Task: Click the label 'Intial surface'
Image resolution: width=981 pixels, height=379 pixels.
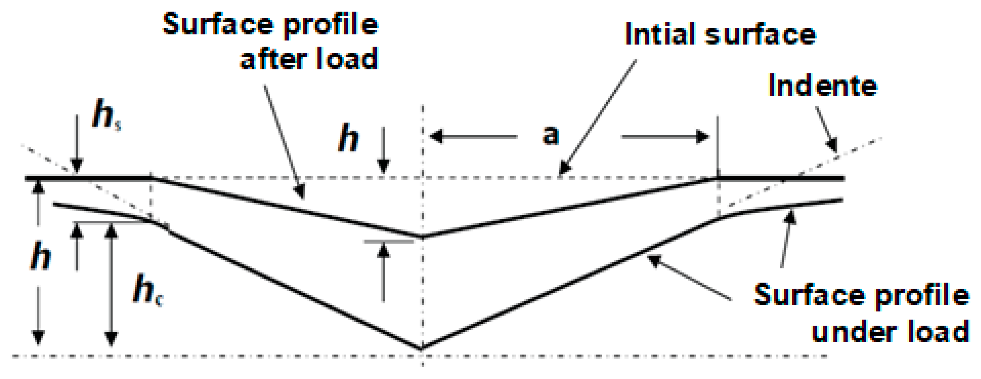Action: click(x=720, y=34)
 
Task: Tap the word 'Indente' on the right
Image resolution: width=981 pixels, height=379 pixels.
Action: click(x=823, y=86)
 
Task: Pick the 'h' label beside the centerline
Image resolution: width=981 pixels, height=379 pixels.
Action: click(x=348, y=138)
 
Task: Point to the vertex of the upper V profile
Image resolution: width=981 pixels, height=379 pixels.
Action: click(x=422, y=237)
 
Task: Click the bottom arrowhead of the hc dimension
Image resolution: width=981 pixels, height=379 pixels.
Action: click(x=111, y=338)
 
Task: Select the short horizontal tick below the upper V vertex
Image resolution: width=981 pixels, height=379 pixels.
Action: click(x=388, y=241)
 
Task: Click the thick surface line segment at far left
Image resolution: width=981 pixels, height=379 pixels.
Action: click(x=87, y=178)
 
